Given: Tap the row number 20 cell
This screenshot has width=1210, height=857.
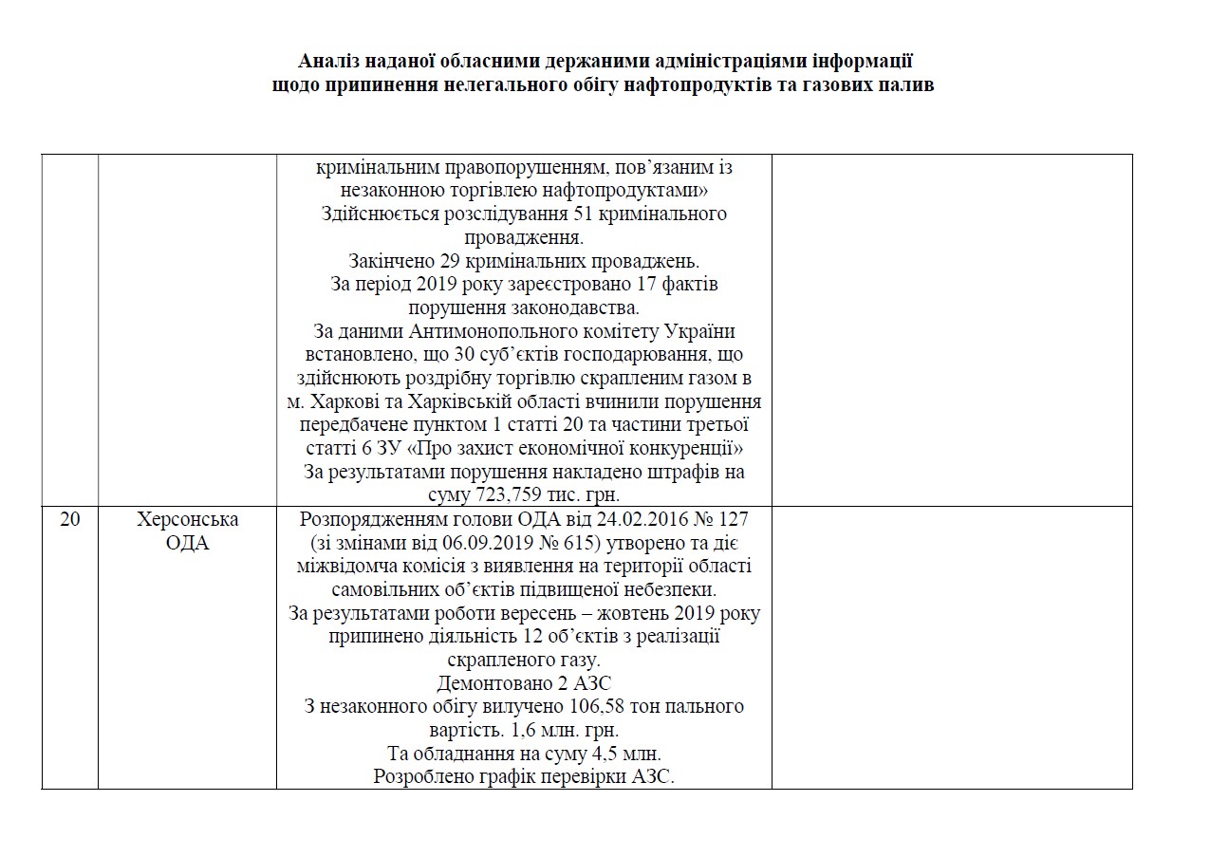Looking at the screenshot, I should click(69, 520).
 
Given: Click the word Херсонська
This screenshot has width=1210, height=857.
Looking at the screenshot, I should click(188, 520).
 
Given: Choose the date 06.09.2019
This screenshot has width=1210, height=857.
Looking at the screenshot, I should click(477, 544).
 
